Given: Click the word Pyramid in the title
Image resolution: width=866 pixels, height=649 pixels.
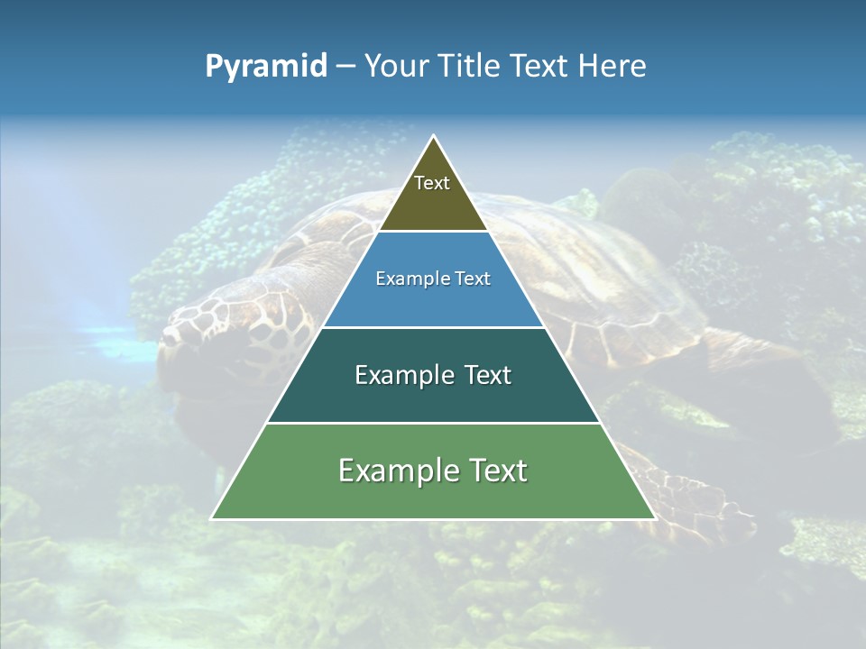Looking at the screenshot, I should [265, 67].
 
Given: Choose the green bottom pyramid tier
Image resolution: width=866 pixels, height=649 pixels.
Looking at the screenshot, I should [433, 496].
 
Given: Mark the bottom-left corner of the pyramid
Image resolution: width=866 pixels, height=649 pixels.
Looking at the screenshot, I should [213, 518].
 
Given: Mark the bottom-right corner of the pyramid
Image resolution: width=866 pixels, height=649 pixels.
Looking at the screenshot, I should [654, 518].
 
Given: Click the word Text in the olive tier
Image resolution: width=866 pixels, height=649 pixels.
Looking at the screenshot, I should [432, 183].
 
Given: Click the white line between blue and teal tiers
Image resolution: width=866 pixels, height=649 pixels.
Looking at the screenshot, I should [433, 327].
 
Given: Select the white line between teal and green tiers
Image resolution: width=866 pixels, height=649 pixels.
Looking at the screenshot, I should [433, 423].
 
